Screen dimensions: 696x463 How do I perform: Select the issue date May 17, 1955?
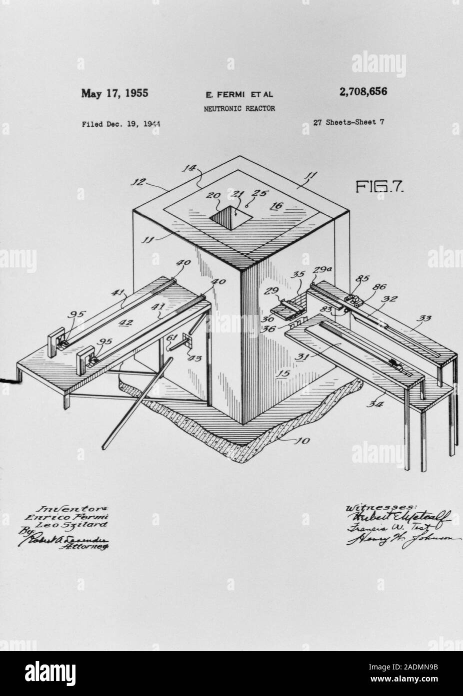click(115, 93)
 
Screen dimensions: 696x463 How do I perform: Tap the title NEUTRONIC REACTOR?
click(239, 108)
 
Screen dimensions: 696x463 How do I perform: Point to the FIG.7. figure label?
click(379, 187)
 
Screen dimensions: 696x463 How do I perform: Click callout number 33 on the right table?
click(426, 317)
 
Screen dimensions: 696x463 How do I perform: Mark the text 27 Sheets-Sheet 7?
click(349, 122)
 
